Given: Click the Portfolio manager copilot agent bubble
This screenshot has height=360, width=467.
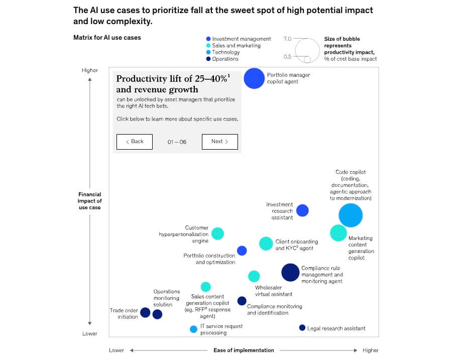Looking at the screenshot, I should [254, 78].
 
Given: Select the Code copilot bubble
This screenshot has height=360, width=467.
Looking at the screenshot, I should [351, 215].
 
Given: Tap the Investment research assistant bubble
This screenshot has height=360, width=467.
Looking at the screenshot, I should [302, 210].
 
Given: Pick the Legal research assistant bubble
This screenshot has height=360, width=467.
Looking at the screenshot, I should [302, 328].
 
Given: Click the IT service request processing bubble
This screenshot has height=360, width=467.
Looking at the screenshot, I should [193, 329].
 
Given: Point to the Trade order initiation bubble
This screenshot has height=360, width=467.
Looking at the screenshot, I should [145, 313].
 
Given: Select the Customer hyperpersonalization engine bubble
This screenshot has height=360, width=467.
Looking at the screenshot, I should [217, 233].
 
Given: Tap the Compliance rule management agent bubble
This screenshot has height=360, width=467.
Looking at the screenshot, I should [290, 272].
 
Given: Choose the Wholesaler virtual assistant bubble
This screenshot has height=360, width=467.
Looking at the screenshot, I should [254, 276].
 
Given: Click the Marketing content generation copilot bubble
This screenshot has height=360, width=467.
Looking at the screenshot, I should [338, 233].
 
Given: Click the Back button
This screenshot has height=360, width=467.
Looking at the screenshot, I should [135, 142].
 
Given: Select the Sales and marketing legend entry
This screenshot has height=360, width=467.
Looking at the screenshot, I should [236, 46].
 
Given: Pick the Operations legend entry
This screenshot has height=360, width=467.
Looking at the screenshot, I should [225, 59].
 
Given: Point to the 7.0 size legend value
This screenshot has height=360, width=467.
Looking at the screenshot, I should [287, 39].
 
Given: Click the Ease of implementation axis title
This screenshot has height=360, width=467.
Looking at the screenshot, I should [244, 350].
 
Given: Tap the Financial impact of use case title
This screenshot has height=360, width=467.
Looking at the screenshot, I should [90, 201].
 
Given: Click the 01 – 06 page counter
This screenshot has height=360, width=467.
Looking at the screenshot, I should [177, 142].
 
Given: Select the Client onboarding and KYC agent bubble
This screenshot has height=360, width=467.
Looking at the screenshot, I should [266, 244].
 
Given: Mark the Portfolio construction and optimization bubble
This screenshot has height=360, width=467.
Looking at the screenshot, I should [242, 251].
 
